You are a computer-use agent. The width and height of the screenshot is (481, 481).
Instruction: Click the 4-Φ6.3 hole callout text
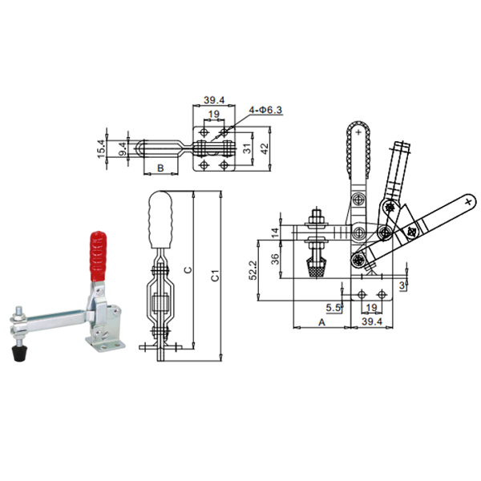265,110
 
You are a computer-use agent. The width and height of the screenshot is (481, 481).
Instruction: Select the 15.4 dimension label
102,149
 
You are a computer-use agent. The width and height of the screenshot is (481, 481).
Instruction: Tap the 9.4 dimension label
123,149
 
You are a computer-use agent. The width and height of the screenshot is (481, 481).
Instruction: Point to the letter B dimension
160,168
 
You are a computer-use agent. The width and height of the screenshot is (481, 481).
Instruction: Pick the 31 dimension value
247,148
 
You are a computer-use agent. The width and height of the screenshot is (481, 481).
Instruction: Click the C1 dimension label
216,276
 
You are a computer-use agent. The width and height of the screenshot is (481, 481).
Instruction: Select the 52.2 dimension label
253,270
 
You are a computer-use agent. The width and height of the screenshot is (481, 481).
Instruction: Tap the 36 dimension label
275,259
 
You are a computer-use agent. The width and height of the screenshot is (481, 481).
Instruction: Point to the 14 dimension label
275,232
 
